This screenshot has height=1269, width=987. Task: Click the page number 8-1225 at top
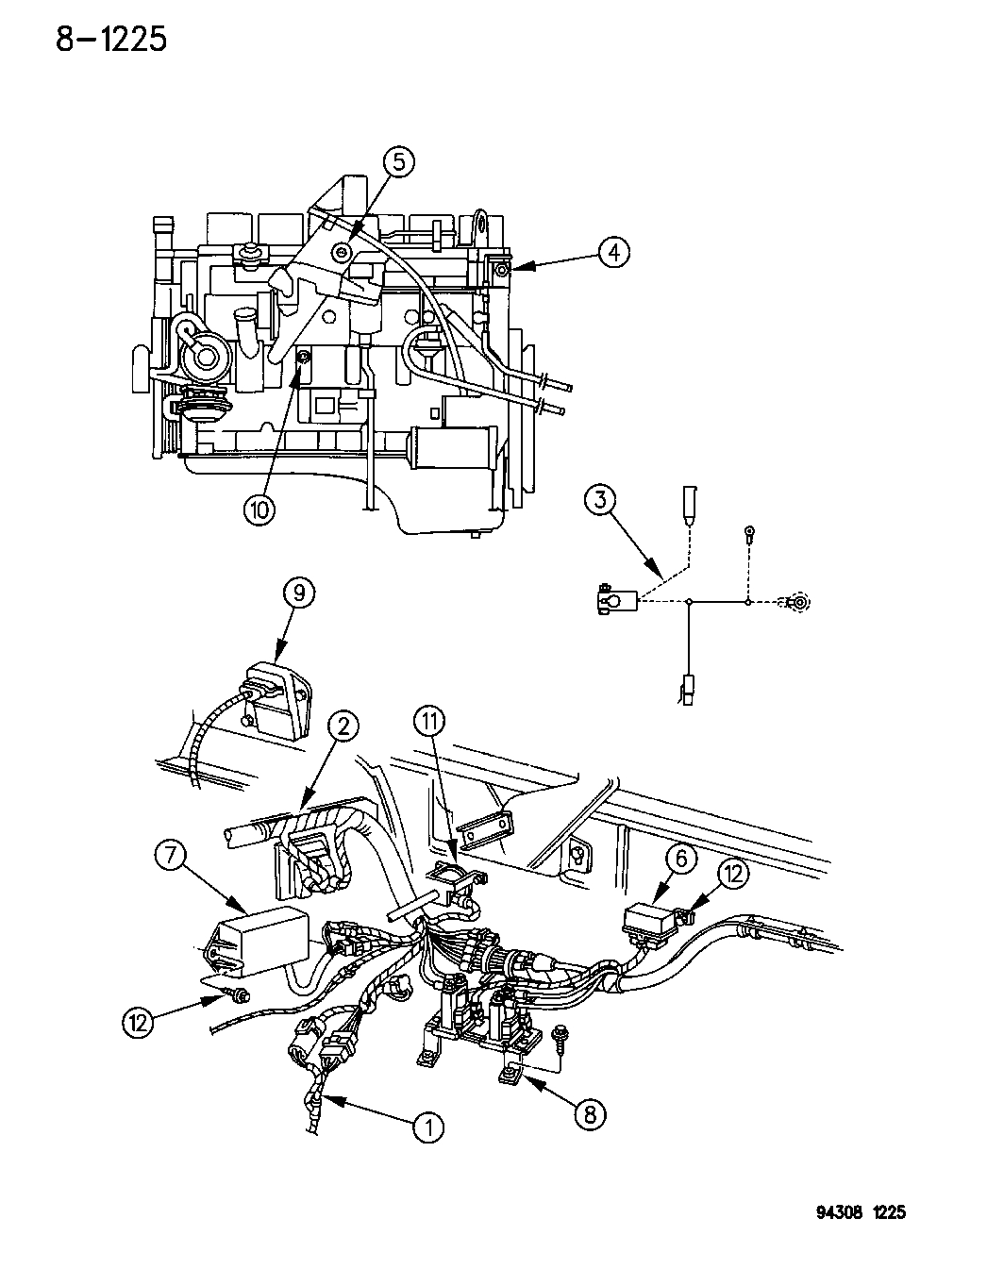110,39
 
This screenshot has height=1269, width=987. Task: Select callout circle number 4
612,252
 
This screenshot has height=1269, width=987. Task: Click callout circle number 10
259,509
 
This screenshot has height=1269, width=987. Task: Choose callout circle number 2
343,726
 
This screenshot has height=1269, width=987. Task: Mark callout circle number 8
590,1114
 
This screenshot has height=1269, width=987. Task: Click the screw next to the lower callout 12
236,993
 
